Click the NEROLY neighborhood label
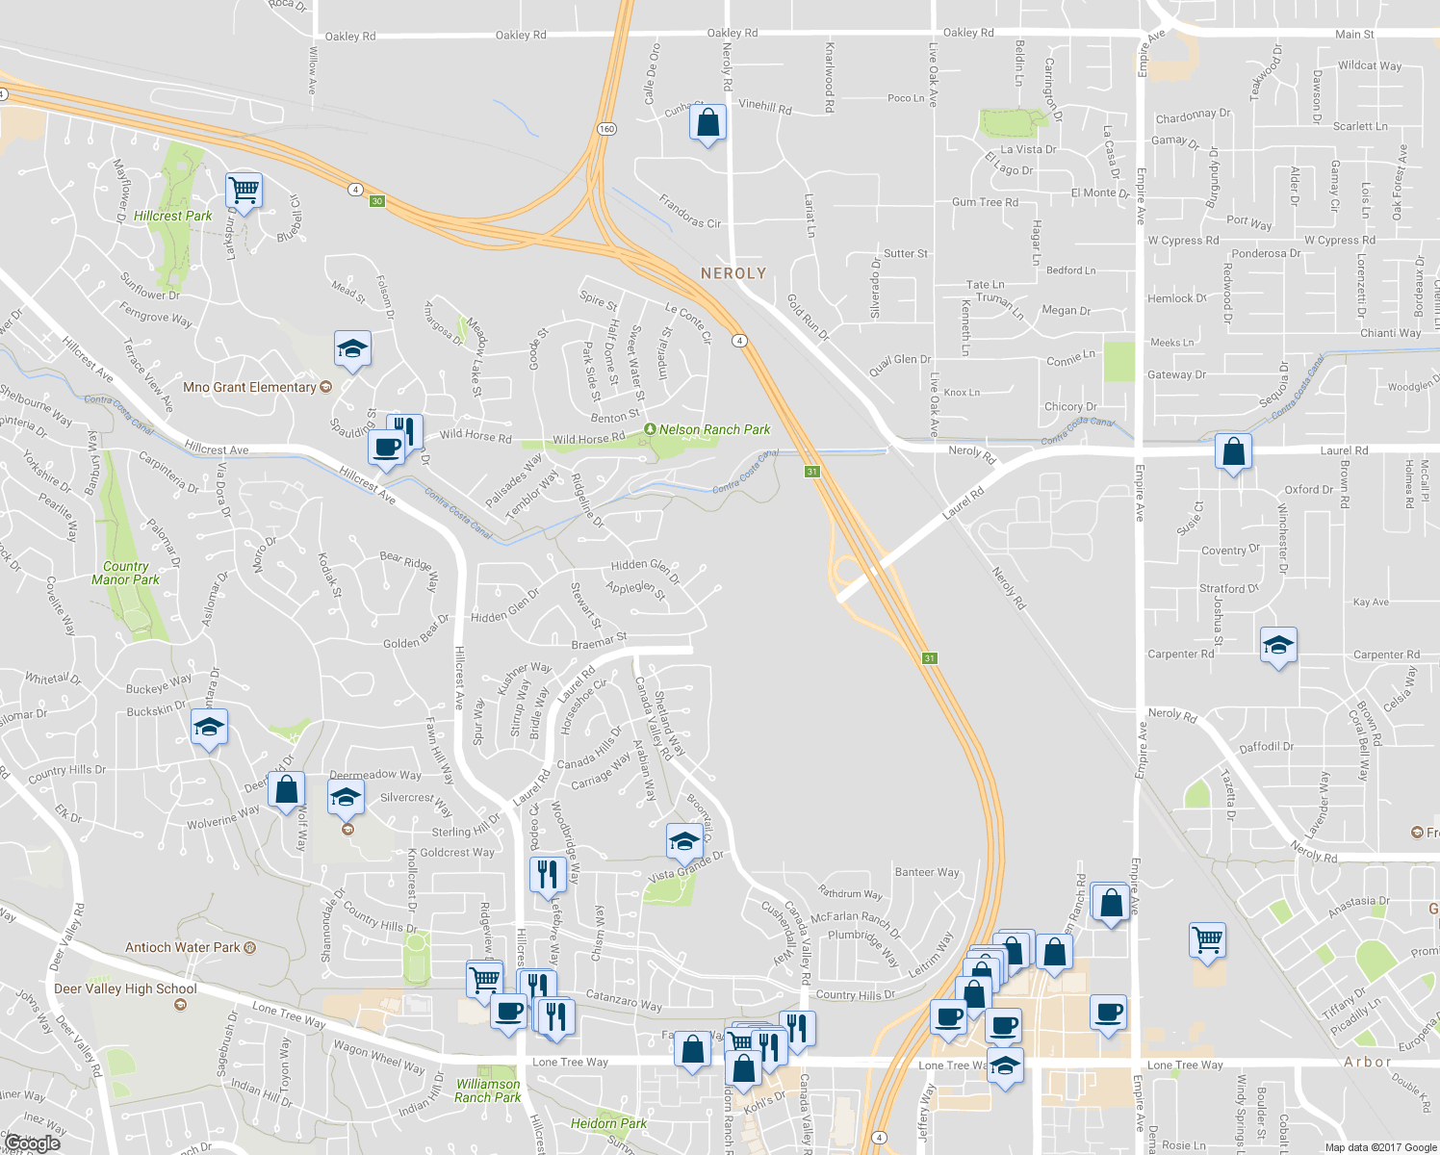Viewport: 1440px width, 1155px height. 733,273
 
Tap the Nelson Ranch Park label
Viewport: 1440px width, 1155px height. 714,429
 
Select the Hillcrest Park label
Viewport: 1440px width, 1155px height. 173,216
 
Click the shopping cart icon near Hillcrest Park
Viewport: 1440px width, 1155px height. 244,190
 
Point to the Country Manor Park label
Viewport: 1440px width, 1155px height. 126,573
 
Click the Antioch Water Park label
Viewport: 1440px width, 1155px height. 182,947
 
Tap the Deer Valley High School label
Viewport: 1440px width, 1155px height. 125,988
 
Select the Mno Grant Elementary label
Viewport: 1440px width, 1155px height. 249,387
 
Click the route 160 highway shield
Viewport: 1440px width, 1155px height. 606,129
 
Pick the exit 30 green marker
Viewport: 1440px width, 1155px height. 377,201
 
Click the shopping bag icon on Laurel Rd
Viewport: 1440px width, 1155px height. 1233,451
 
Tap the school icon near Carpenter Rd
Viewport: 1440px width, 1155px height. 1278,646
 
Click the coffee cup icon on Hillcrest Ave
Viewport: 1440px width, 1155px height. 386,448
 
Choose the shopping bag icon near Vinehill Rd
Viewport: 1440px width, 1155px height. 707,123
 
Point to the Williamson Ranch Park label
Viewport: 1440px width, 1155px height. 487,1091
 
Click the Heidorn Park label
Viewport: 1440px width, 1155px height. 608,1123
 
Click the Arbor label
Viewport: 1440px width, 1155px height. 1368,1063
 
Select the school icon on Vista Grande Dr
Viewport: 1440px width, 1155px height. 684,841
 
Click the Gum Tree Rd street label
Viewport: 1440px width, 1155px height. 985,202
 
